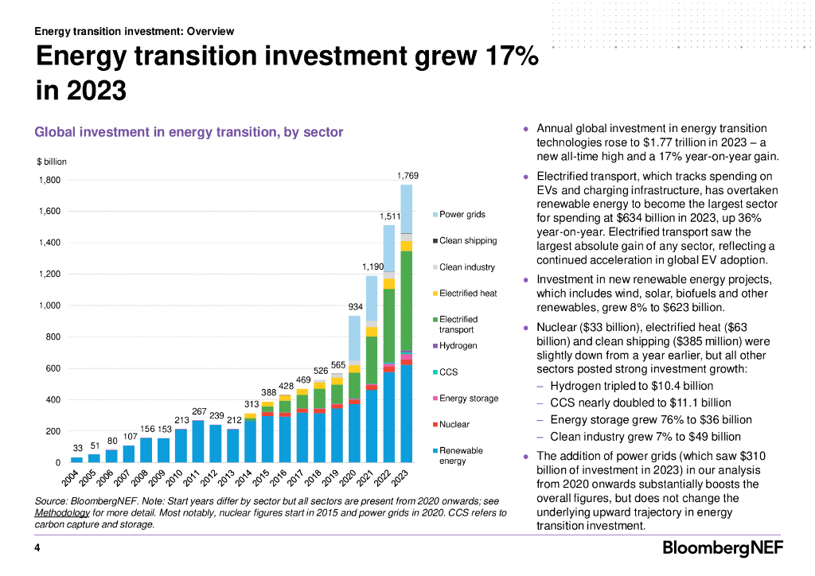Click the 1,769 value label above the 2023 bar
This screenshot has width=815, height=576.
pyautogui.click(x=407, y=175)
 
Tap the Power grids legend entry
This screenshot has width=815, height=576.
pyautogui.click(x=462, y=215)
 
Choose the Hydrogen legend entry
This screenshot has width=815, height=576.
pyautogui.click(x=458, y=346)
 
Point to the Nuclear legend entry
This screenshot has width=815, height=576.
pyautogui.click(x=455, y=425)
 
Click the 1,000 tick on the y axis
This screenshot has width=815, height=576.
pyautogui.click(x=49, y=306)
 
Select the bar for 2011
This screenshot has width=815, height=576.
pyautogui.click(x=198, y=442)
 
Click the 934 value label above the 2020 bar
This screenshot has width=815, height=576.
pyautogui.click(x=355, y=306)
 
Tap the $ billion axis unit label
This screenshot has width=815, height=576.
pyautogui.click(x=52, y=162)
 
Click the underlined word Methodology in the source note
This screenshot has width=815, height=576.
pyautogui.click(x=63, y=513)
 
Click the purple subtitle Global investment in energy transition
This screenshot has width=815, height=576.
pyautogui.click(x=189, y=132)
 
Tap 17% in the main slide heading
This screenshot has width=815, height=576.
pyautogui.click(x=505, y=57)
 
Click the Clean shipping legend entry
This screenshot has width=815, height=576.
pyautogui.click(x=467, y=241)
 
